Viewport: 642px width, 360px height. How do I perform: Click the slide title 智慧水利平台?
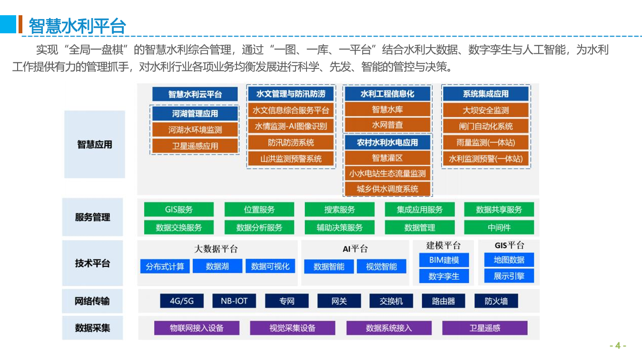tap(78, 26)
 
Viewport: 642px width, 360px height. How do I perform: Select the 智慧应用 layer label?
tap(95, 145)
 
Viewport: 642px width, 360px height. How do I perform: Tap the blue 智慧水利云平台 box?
tap(195, 94)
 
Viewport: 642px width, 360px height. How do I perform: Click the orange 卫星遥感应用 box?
tap(195, 146)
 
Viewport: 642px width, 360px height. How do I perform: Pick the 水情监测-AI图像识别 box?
tap(291, 126)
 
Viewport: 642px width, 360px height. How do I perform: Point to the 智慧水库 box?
tap(387, 109)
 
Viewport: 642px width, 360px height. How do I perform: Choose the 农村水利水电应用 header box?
tap(387, 142)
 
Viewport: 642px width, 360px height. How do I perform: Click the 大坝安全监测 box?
tap(486, 110)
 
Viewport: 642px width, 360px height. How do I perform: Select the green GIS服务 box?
tap(179, 209)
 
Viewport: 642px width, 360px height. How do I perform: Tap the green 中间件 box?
tap(499, 227)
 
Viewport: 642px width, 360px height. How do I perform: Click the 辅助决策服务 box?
tap(340, 227)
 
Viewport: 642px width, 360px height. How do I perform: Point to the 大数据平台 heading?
tap(216, 249)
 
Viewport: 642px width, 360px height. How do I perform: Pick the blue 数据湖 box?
tap(217, 266)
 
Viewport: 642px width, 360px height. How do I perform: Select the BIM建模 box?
tap(444, 260)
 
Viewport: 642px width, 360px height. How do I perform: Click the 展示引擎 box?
tap(509, 276)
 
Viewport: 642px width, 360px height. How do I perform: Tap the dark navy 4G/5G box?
tap(182, 301)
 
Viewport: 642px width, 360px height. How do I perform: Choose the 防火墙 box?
tap(496, 301)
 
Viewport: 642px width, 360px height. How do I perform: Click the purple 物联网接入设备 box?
tap(197, 328)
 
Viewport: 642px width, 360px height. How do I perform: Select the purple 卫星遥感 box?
tap(484, 328)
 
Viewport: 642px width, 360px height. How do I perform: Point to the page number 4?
tap(618, 346)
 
